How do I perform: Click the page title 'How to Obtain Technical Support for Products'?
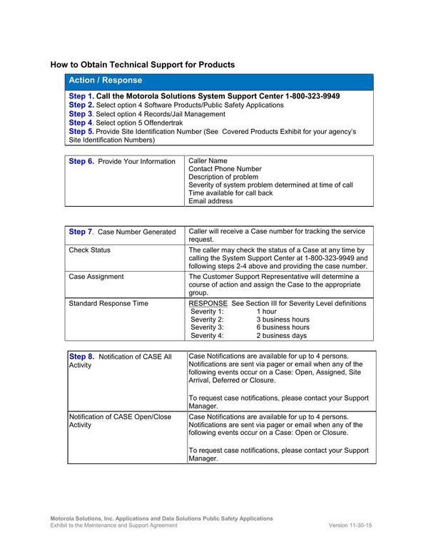click(x=142, y=65)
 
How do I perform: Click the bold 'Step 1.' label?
click(x=81, y=96)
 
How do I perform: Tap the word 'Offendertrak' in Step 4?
click(x=165, y=123)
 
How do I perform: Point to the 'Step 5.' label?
click(x=81, y=132)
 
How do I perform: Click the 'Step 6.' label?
click(x=81, y=161)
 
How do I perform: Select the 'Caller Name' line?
click(x=208, y=161)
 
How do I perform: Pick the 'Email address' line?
click(x=210, y=201)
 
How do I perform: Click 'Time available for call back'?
click(x=230, y=193)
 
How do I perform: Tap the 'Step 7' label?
click(x=80, y=232)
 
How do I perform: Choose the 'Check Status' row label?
click(x=89, y=250)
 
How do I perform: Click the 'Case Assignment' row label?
click(x=96, y=276)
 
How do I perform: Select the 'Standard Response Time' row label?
click(x=108, y=303)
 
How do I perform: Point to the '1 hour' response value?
click(x=266, y=312)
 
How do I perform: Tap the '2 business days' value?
click(x=282, y=335)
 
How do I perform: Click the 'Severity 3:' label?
click(x=207, y=327)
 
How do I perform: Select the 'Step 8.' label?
click(x=81, y=356)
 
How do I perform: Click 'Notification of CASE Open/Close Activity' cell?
click(x=120, y=421)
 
